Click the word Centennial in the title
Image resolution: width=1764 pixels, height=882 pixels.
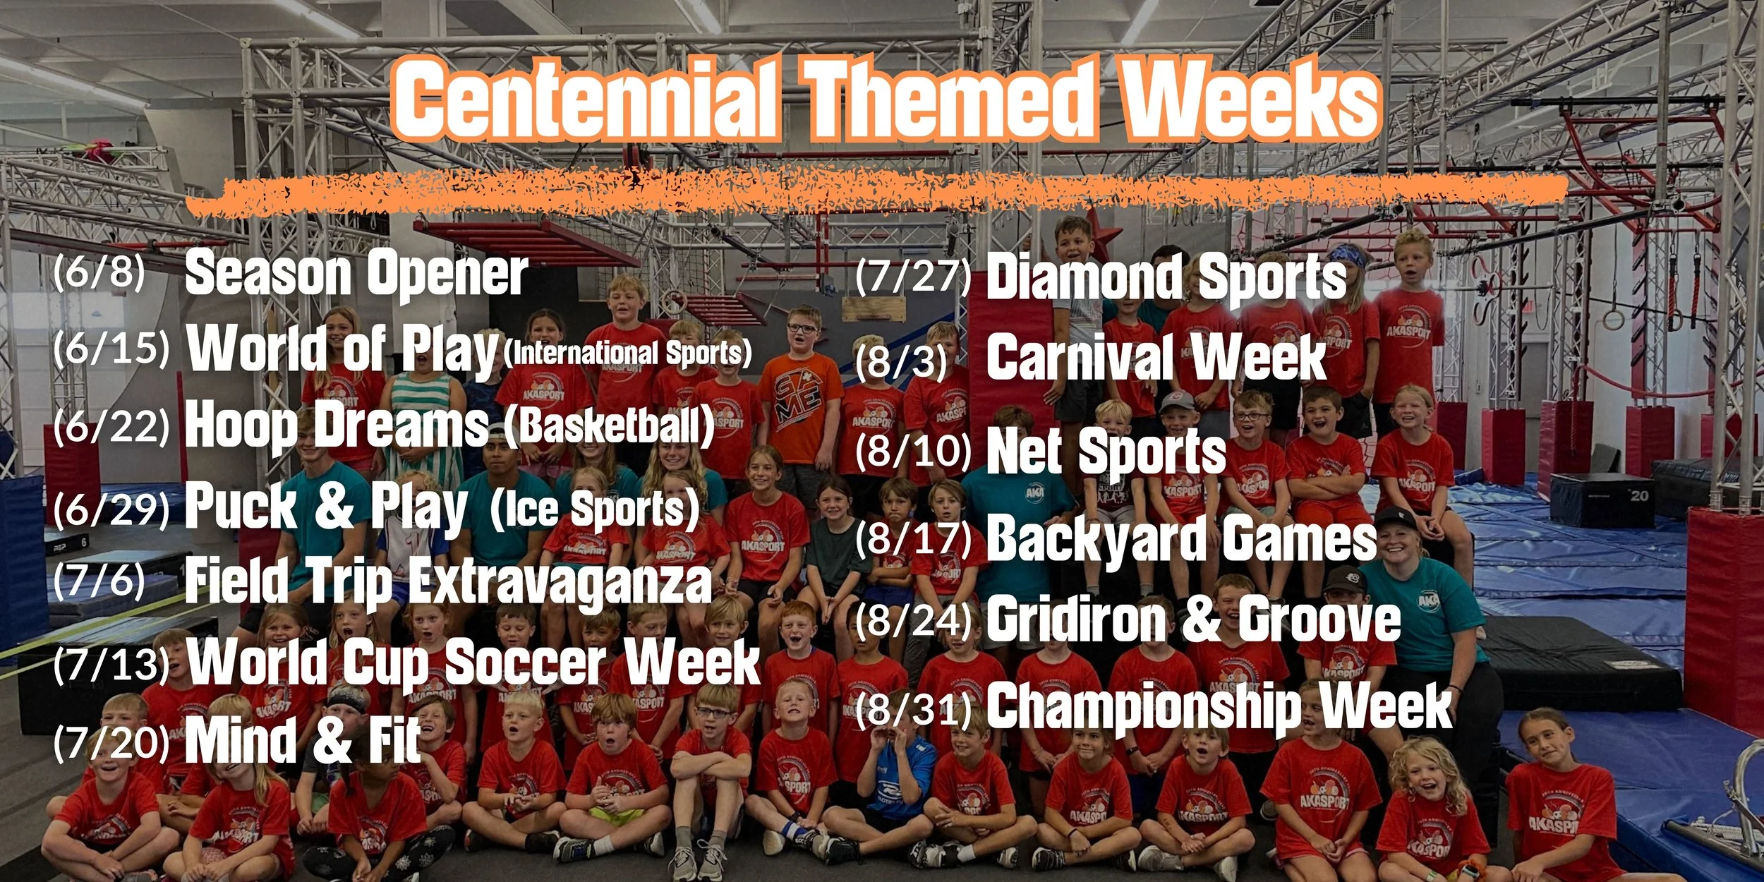(586, 99)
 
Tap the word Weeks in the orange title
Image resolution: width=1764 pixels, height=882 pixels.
(1250, 99)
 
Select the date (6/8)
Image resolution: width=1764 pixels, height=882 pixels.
(99, 270)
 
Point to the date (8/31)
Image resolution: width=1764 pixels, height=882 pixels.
(914, 708)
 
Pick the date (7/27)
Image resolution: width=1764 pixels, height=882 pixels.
(913, 276)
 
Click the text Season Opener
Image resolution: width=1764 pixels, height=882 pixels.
(356, 273)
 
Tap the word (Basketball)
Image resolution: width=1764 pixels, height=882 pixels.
(610, 425)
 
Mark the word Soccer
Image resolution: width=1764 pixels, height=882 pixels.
(525, 662)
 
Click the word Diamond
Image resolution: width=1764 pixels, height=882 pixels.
(1083, 277)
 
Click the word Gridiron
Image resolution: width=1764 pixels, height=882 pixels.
(1077, 619)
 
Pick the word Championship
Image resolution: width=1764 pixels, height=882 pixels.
(1143, 707)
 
